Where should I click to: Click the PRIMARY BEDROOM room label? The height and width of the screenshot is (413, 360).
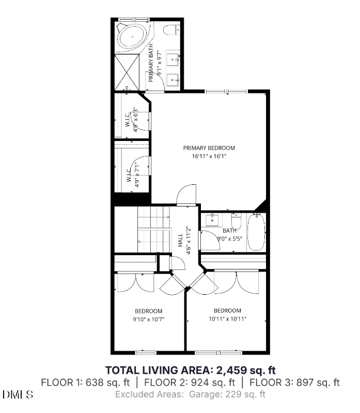tap(209, 148)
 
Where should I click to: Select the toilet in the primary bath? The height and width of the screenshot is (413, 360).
tap(173, 29)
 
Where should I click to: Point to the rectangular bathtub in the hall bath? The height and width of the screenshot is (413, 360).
tap(256, 233)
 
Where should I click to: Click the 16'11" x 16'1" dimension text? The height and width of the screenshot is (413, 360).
tap(209, 155)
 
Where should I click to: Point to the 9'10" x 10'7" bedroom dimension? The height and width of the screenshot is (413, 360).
tap(149, 319)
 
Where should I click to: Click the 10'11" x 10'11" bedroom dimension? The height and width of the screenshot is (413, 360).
tap(227, 319)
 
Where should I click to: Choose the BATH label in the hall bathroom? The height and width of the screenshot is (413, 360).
tap(229, 231)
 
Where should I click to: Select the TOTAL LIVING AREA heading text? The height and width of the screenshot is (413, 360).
tap(191, 370)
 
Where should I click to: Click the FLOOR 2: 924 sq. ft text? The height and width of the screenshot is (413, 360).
tap(190, 383)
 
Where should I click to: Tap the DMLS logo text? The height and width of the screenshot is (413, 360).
tap(18, 395)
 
